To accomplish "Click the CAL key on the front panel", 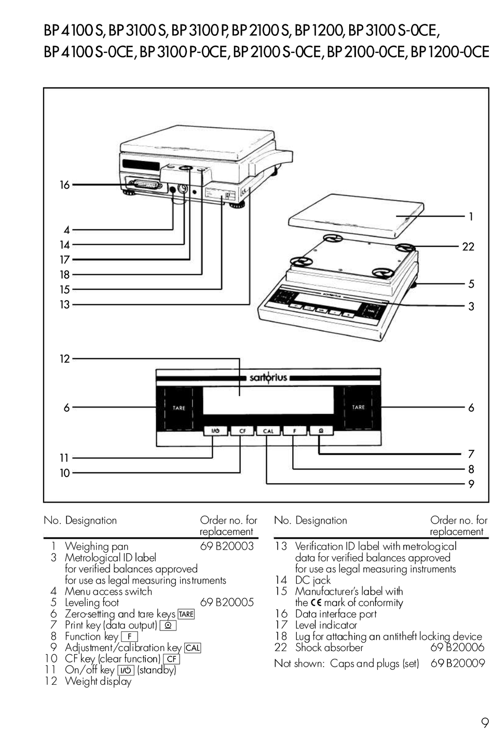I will pos(268,431).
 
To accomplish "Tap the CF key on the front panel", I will pos(242,431).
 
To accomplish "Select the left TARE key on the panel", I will pos(179,408).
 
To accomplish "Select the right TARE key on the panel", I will pos(358,407).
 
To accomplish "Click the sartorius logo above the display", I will pos(268,378).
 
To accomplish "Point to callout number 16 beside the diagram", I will pos(64,185).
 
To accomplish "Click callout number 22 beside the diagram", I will pos(468,247).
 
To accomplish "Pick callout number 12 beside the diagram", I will pos(64,358).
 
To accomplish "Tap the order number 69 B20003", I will pos(227,546).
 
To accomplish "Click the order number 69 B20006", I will pos(457,647).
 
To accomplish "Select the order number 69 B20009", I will pos(457,663).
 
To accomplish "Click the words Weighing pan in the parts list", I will pos(97,546).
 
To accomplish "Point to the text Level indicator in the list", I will pos(326,625).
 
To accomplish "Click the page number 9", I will pos(484,722).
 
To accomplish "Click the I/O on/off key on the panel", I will pos(215,431).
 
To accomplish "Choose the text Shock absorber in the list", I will pos(329,647).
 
